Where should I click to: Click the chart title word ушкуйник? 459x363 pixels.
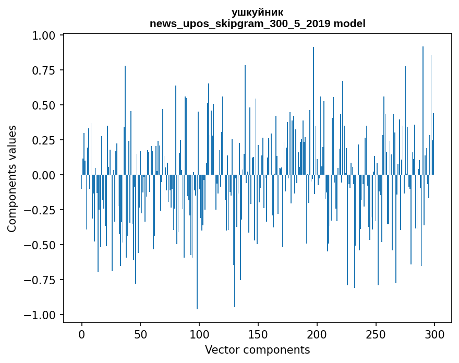click(x=257, y=12)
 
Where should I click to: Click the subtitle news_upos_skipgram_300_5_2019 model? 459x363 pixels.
click(x=257, y=23)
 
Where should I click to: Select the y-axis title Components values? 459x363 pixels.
click(x=12, y=178)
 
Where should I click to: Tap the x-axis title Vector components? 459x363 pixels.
click(x=257, y=349)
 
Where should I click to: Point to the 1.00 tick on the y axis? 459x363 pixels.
click(x=47, y=35)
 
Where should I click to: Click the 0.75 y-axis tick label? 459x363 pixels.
click(x=47, y=70)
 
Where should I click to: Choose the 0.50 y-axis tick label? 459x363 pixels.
click(x=47, y=105)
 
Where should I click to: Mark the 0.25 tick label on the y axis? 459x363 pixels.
click(x=47, y=140)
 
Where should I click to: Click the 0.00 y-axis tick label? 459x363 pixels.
click(x=47, y=175)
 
